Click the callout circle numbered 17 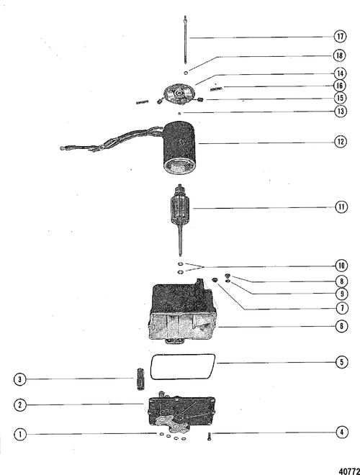pyautogui.click(x=340, y=37)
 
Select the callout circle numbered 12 pyautogui.click(x=340, y=142)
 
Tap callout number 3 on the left pyautogui.click(x=20, y=379)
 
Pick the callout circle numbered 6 pyautogui.click(x=341, y=326)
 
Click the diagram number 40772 pyautogui.click(x=349, y=471)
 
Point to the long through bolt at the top pyautogui.click(x=185, y=40)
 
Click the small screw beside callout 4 pyautogui.click(x=209, y=437)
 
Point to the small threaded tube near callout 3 pyautogui.click(x=140, y=379)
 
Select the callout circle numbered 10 pyautogui.click(x=341, y=266)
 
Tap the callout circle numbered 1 pyautogui.click(x=20, y=435)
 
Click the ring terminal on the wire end pyautogui.click(x=63, y=148)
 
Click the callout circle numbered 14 pyautogui.click(x=340, y=73)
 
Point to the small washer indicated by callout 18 pyautogui.click(x=186, y=73)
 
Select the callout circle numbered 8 pyautogui.click(x=341, y=281)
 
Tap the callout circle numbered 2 pyautogui.click(x=20, y=404)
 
